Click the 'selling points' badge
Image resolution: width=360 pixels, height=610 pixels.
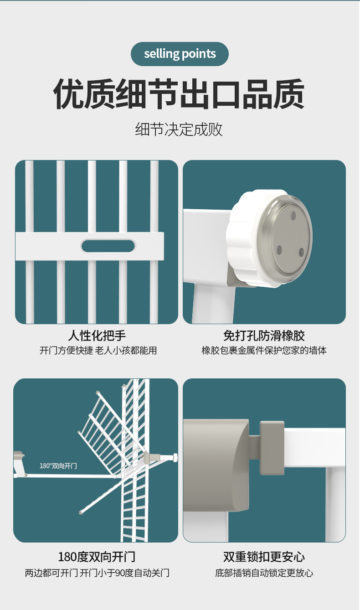180,54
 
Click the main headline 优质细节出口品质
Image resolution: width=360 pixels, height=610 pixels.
179,94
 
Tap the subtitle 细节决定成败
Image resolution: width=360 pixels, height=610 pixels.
179,129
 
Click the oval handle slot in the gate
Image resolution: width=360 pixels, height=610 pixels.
108,246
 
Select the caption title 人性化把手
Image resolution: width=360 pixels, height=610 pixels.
97,336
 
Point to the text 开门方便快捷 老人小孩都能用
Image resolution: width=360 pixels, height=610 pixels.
98,351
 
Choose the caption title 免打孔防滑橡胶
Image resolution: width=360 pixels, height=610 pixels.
264,336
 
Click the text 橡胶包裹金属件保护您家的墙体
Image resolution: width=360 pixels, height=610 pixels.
264,351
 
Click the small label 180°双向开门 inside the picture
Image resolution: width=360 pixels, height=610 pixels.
58,465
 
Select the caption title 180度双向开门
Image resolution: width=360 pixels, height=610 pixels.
97,557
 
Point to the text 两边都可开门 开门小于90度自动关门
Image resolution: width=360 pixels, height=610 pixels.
97,573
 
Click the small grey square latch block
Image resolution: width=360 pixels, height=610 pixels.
272,447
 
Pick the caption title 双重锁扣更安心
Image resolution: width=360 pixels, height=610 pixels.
264,557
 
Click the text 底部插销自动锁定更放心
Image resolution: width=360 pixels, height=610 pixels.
264,573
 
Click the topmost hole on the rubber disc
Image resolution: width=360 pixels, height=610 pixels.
293,214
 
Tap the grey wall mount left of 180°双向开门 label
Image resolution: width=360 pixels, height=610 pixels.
19,456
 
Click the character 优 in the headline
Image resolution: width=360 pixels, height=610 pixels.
69,94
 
